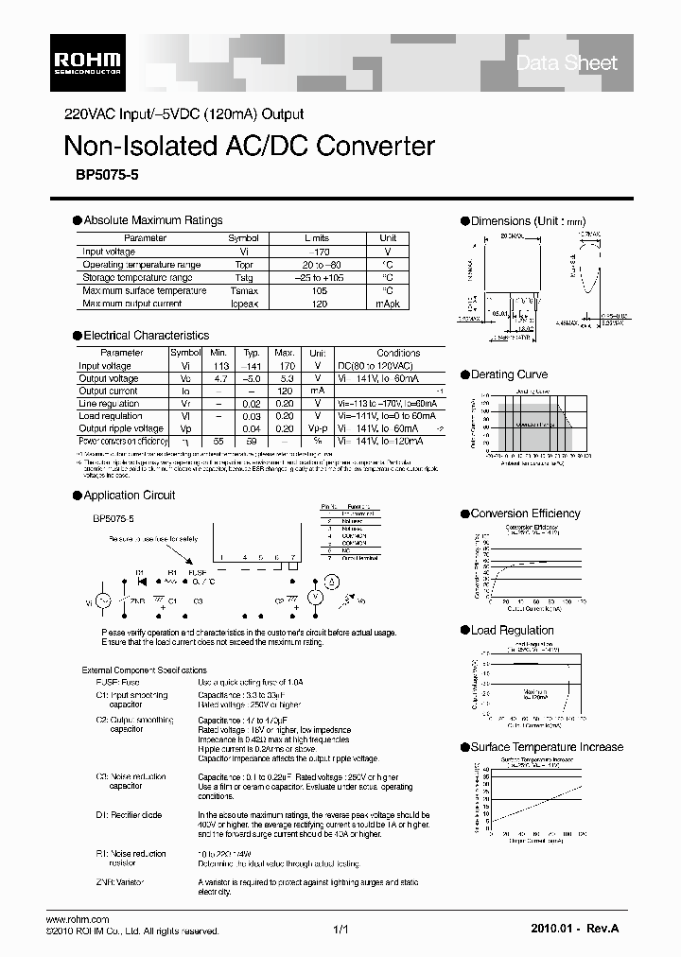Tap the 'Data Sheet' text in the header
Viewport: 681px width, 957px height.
[x=566, y=63]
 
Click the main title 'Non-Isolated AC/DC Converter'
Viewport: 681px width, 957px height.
[x=249, y=147]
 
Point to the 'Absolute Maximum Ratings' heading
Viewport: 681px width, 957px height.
[x=152, y=220]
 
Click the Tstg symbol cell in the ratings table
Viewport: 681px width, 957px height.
[x=244, y=278]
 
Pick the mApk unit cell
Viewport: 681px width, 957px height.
[x=388, y=304]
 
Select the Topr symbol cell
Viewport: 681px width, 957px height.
[x=244, y=265]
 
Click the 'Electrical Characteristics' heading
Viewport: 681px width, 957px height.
[x=146, y=336]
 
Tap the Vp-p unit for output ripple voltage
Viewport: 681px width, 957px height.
[x=318, y=428]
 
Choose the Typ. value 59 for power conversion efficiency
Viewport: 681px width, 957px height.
[x=252, y=441]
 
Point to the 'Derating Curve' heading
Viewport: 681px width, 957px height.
[x=509, y=374]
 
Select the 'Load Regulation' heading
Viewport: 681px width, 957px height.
[x=512, y=631]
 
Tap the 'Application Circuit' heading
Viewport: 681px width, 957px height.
[x=129, y=496]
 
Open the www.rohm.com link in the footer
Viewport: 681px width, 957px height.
[x=78, y=919]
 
